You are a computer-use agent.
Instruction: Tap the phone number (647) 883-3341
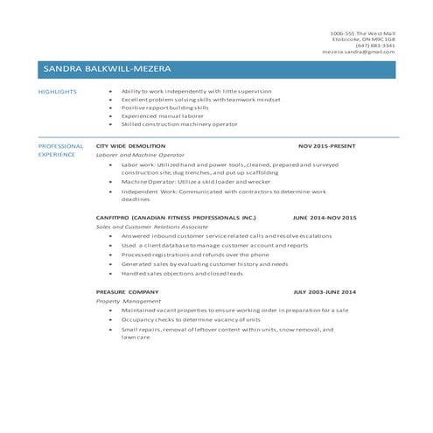[377, 45]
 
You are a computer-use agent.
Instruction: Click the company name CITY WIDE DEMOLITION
[129, 146]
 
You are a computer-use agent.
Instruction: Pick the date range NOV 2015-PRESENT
[327, 146]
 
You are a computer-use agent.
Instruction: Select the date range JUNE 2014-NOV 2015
[325, 216]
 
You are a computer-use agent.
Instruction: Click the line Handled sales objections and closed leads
[182, 273]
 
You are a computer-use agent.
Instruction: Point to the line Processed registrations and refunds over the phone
[196, 254]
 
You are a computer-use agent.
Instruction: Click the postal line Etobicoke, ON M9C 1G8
[363, 39]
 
